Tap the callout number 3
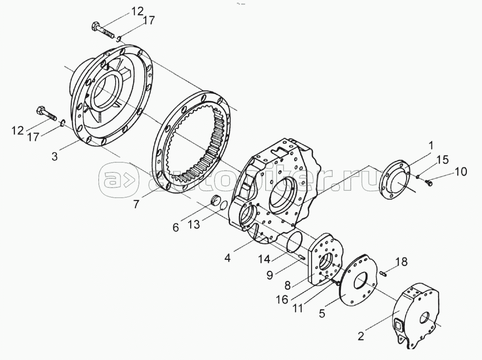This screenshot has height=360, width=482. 54,156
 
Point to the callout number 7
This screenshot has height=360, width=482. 136,204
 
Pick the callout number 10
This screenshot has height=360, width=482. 460,172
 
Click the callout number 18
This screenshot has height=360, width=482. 401,262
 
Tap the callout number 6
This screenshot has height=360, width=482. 176,227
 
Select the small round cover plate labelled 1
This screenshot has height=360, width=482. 395,180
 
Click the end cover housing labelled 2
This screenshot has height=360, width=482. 417,315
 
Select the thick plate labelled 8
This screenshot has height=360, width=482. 326,261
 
